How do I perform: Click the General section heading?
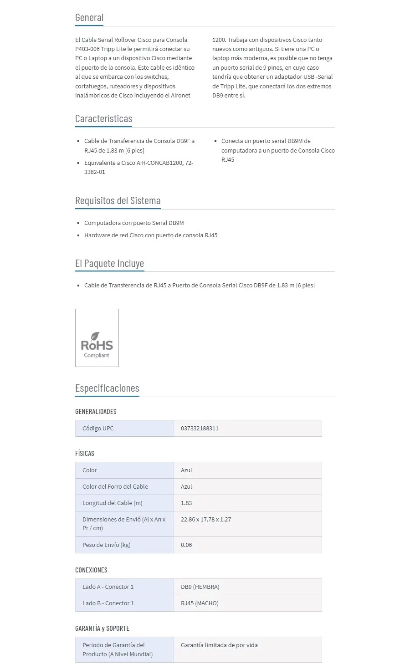[89, 18]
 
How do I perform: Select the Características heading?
[103, 119]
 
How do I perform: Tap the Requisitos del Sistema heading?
[118, 201]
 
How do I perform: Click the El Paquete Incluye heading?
[109, 264]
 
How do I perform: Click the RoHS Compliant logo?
[97, 338]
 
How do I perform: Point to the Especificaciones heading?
[107, 388]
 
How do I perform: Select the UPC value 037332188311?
[200, 429]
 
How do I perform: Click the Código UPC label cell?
[98, 429]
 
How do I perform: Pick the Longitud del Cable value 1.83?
[186, 503]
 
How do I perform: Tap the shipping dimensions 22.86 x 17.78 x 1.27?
[206, 520]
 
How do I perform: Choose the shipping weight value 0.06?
[186, 545]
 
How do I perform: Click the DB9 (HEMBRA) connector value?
[200, 587]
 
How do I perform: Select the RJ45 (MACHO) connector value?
[200, 603]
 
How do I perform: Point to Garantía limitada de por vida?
[219, 645]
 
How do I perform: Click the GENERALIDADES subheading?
[96, 412]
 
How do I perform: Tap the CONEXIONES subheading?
[91, 570]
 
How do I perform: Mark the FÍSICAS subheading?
[85, 454]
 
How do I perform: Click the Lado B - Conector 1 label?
[108, 603]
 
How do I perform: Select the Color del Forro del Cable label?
[115, 487]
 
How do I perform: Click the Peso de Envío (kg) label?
[106, 545]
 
